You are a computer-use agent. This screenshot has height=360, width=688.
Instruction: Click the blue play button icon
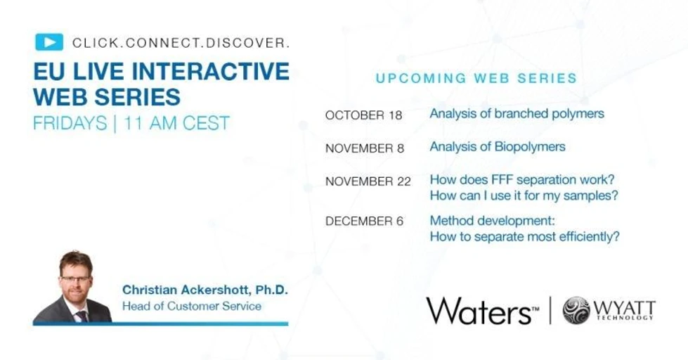point(48,42)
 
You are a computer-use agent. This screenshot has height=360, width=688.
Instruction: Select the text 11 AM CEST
point(176,123)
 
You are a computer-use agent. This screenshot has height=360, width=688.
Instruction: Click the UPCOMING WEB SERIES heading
point(476,78)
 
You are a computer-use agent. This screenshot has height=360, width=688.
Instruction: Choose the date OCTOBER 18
point(363,115)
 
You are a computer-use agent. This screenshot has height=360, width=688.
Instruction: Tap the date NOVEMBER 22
point(368,181)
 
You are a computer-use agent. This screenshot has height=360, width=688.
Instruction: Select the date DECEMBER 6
point(364,221)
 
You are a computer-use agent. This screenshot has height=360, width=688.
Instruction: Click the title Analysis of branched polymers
point(517,113)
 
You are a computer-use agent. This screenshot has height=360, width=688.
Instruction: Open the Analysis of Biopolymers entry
point(498,147)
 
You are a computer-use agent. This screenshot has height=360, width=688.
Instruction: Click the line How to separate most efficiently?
point(524,237)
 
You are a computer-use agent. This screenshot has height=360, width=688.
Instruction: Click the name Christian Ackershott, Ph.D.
point(205,290)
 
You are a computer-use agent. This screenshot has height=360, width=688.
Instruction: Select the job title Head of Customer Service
point(192,306)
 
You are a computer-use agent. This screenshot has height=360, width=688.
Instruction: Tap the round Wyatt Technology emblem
point(576,310)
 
